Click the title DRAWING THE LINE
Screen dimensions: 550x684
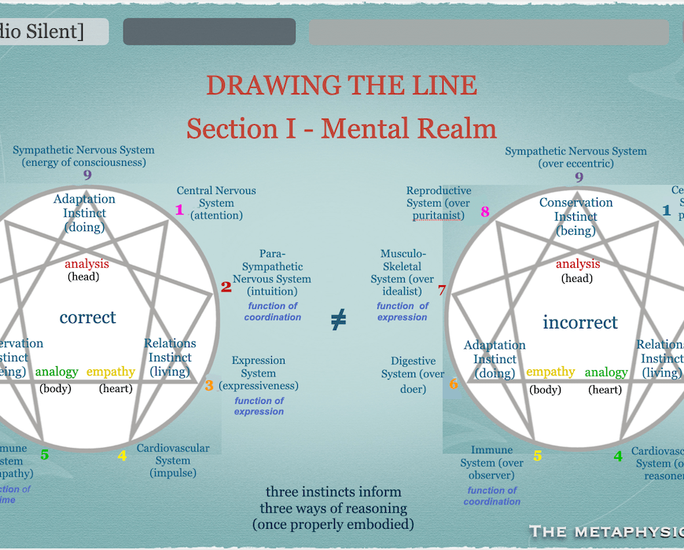click(x=341, y=85)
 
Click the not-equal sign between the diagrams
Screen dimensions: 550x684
click(x=338, y=320)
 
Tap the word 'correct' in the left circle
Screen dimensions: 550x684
click(x=87, y=317)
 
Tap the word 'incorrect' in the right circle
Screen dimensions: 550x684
click(x=580, y=322)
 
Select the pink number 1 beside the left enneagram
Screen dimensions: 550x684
click(x=179, y=210)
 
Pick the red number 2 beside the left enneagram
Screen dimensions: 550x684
click(x=226, y=288)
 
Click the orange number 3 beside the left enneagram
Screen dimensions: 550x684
click(x=209, y=386)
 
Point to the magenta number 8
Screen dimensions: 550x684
click(x=485, y=211)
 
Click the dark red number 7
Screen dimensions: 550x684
click(x=442, y=291)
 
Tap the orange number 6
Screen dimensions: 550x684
click(x=454, y=384)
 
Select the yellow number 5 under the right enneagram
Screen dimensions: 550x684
click(x=538, y=456)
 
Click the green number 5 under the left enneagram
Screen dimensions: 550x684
click(x=45, y=454)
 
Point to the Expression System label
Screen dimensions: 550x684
click(x=259, y=373)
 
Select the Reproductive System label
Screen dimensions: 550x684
click(x=439, y=203)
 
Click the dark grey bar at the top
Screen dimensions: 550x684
click(x=209, y=32)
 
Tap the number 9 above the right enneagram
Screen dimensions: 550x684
click(x=579, y=178)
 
